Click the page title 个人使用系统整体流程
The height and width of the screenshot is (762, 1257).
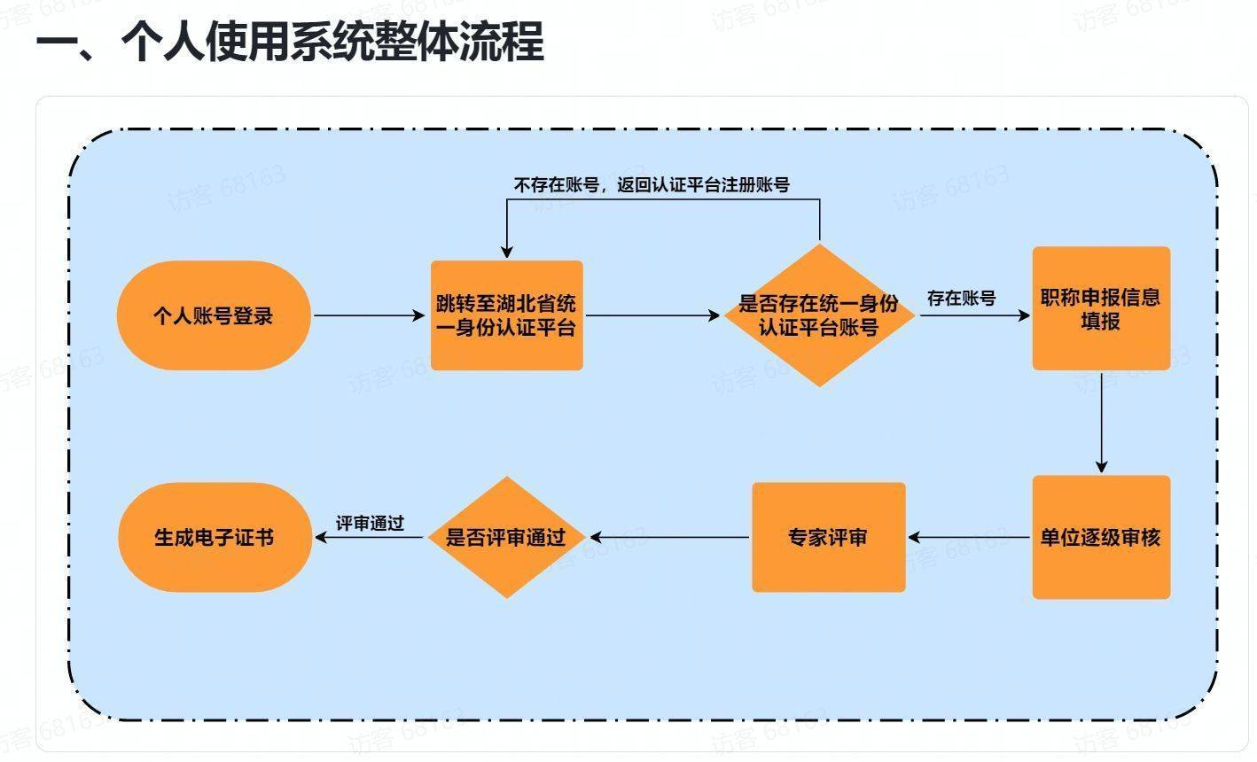(289, 42)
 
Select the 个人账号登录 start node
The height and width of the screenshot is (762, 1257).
(214, 315)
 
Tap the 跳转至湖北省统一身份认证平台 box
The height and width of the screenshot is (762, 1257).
(506, 315)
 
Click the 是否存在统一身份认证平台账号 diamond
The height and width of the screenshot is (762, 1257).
(819, 315)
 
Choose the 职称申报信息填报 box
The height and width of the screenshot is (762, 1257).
(1101, 308)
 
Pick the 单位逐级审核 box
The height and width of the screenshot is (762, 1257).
(1101, 537)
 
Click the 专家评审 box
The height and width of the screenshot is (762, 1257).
(828, 537)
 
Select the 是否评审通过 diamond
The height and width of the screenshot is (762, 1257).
(506, 537)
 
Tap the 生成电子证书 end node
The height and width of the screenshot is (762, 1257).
(215, 537)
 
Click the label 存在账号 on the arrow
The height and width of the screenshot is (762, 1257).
(961, 298)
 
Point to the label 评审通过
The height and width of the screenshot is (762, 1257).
(370, 523)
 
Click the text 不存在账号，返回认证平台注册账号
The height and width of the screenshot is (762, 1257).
(652, 185)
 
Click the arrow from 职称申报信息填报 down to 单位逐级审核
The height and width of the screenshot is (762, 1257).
(1102, 421)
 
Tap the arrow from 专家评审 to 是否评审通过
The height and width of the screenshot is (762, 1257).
(670, 537)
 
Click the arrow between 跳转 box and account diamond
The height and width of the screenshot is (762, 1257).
(652, 315)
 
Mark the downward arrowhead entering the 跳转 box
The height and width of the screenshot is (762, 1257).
(507, 252)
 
